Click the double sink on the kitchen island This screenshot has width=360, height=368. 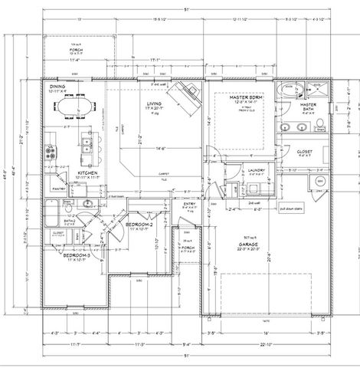pos(87,142)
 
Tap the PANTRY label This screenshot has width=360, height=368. pos(57,186)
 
